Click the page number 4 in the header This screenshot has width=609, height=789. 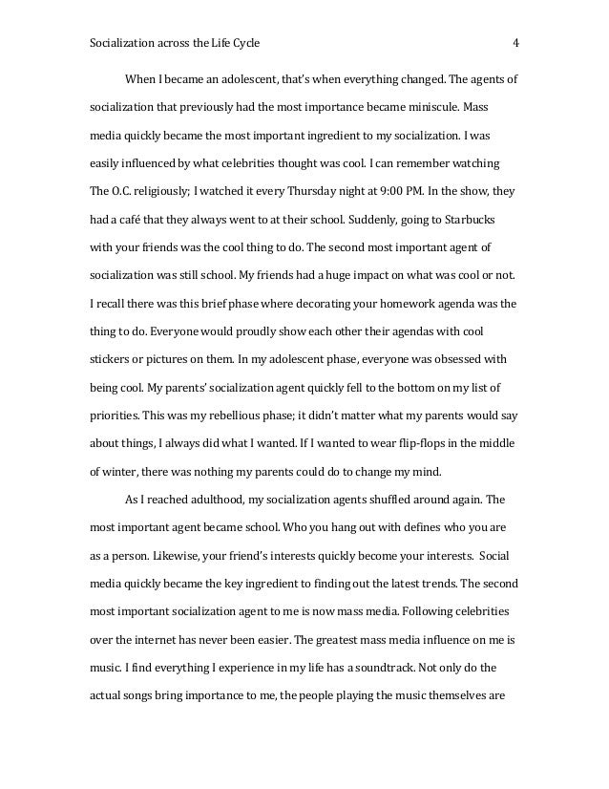(x=515, y=43)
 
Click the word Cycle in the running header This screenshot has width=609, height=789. (x=240, y=43)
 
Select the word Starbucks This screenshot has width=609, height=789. (x=485, y=220)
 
